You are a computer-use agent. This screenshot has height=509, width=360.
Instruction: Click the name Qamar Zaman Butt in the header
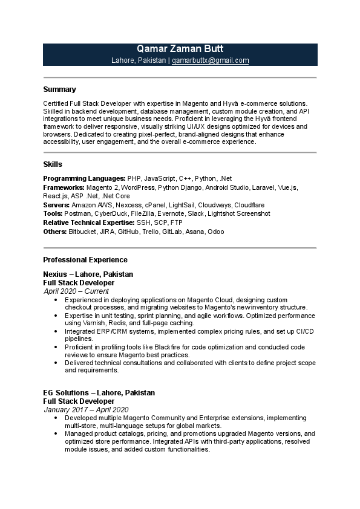tap(180, 50)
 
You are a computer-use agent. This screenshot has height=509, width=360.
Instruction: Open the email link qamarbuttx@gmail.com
tap(211, 60)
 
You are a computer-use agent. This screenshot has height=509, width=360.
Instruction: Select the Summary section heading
tap(59, 89)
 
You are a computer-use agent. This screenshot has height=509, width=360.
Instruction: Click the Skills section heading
tap(53, 164)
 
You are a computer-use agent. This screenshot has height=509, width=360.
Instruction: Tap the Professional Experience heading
tap(85, 260)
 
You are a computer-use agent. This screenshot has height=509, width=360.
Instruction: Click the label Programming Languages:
tap(84, 179)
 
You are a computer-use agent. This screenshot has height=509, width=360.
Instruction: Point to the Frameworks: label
tap(64, 188)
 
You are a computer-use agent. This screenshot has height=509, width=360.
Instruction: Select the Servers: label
tap(56, 206)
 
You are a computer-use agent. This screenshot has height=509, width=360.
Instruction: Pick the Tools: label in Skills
tap(53, 214)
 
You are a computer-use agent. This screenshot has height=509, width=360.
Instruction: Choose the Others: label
tap(54, 232)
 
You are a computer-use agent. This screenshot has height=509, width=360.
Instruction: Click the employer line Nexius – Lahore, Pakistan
tap(88, 274)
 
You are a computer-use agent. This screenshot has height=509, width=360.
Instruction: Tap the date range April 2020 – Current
tap(76, 291)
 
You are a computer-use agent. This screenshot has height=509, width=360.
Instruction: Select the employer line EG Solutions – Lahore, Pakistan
tap(99, 393)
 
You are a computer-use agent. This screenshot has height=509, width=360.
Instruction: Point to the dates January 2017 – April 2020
tap(86, 410)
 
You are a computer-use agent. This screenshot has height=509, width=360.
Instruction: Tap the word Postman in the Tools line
tap(77, 214)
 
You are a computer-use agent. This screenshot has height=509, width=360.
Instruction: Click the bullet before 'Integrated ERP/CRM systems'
tap(56, 331)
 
